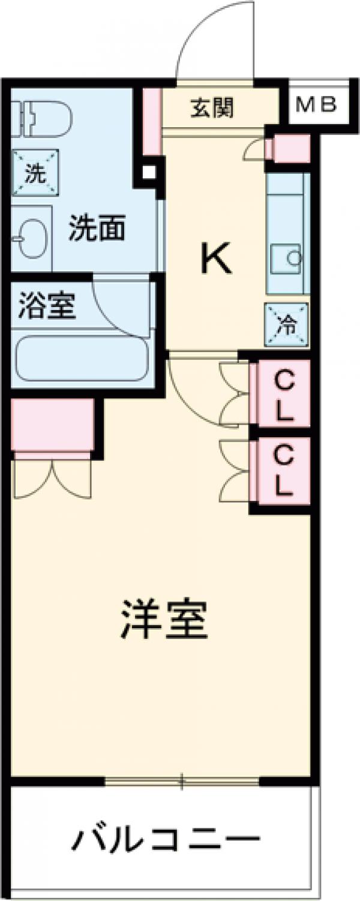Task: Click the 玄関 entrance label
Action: [x=212, y=109]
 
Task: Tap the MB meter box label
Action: [x=316, y=106]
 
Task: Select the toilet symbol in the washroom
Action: [x=42, y=118]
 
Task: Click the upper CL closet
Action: [x=284, y=394]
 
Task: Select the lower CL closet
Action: [x=284, y=471]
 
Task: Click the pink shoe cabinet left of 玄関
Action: [x=152, y=121]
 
